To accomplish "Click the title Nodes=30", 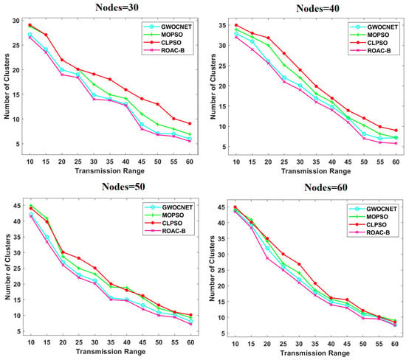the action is coord(117,7).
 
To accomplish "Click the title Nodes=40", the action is coord(317,8).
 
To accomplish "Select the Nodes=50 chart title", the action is coord(123,187).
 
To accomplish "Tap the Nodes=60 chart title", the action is coord(326,187).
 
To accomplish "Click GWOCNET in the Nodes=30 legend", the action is coord(176,27).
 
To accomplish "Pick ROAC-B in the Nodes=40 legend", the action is coord(379,51).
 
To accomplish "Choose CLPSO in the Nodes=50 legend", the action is coord(172,223).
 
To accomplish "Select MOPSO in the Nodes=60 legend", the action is coord(377,217).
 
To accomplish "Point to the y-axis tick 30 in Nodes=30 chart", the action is coord(16,21).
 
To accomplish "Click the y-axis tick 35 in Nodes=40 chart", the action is coord(222,25).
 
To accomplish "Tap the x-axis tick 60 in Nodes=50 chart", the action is coord(190,342).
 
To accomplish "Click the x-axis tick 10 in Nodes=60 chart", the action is coord(235,344).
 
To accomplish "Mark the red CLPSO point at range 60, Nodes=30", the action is coord(190,124).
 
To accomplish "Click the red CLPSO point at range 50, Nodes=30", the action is coord(158,104).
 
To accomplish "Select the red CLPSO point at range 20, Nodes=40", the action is coord(268,38).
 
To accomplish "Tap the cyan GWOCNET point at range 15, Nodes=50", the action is coord(47,237).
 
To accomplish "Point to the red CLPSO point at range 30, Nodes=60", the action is coord(299,264).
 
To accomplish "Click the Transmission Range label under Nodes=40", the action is coord(316,171).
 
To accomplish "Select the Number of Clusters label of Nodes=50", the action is coord(7,267).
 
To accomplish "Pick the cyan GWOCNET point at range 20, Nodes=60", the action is coord(267,248).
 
